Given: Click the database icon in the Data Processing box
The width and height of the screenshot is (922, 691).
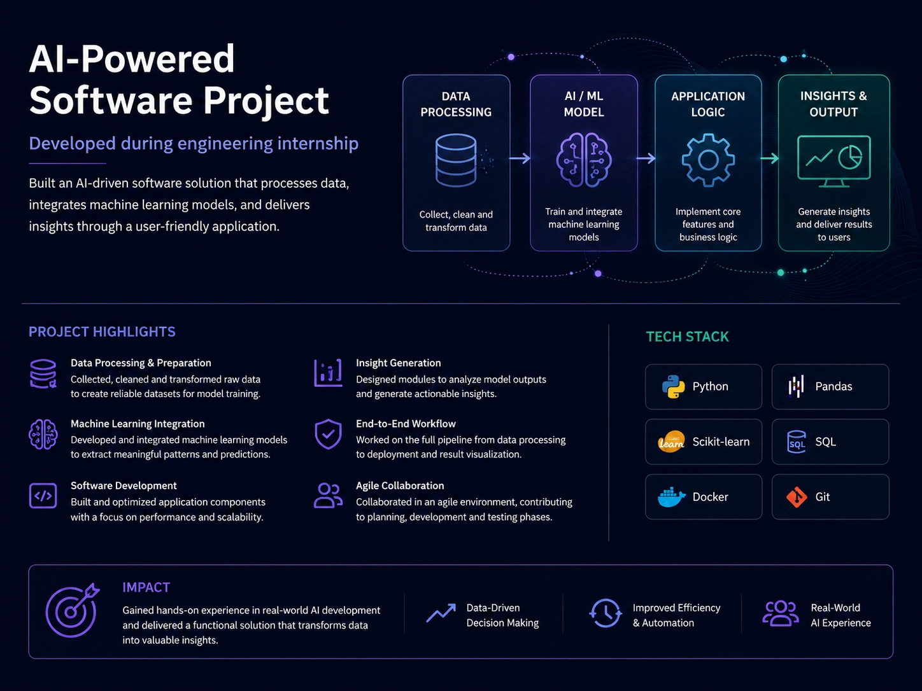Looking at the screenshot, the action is pos(456,160).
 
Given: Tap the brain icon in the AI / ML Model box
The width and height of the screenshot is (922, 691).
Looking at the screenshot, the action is pos(584,160).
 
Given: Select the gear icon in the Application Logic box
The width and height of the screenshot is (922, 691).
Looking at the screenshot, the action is pos(708,160).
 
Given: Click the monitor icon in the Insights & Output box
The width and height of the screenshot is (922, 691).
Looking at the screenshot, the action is pos(833,161).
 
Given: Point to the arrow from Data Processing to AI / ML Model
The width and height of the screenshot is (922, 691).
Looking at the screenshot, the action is pos(520,158).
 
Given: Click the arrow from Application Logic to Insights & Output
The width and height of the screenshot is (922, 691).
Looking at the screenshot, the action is pos(770,158).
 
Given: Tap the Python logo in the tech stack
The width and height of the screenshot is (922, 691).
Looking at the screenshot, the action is pos(673,386).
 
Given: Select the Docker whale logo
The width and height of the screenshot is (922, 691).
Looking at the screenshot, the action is pos(671,497).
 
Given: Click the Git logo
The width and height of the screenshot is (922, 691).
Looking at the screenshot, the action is pos(797,497).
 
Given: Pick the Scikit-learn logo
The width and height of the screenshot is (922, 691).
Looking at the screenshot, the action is pos(671,442).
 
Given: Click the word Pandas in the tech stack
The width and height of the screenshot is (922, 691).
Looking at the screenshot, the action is pos(833,386).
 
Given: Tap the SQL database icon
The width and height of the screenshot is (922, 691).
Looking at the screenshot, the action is pos(797,442).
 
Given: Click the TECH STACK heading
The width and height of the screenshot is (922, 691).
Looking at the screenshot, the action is pos(687,337).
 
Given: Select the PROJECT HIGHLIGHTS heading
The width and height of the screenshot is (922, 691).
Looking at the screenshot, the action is pos(102,332).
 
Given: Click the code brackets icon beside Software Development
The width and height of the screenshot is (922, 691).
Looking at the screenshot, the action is pos(43,496).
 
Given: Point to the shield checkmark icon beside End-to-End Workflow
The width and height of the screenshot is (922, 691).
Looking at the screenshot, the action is pos(328,434).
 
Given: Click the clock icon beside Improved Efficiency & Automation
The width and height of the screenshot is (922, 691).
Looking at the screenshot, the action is pos(606,613).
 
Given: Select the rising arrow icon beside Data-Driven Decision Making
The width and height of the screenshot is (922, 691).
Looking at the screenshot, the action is pos(441,613).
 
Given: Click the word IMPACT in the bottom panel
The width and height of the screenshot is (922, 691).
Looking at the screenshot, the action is pos(146,587).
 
